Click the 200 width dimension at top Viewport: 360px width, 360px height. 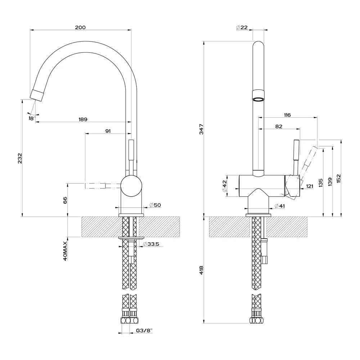pyautogui.click(x=80, y=28)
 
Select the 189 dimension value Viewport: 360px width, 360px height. pyautogui.click(x=83, y=119)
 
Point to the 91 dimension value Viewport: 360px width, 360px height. pyautogui.click(x=108, y=131)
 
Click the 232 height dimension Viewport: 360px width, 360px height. pyautogui.click(x=20, y=159)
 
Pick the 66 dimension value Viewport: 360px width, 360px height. pyautogui.click(x=65, y=200)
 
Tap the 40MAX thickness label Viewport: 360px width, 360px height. pyautogui.click(x=65, y=251)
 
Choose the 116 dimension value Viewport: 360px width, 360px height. pyautogui.click(x=287, y=115)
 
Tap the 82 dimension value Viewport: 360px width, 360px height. pyautogui.click(x=278, y=126)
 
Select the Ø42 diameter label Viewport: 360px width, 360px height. pyautogui.click(x=224, y=186)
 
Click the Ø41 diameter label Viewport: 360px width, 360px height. pyautogui.click(x=279, y=206)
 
